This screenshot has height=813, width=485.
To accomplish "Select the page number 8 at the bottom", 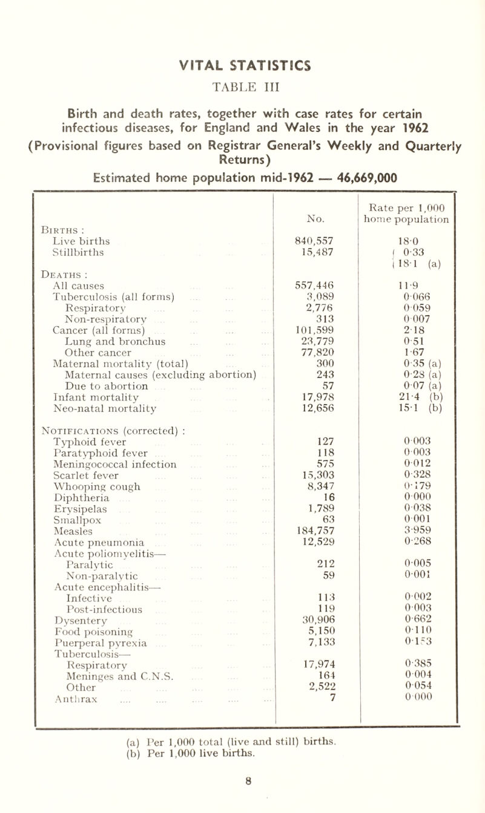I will pyautogui.click(x=243, y=797).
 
